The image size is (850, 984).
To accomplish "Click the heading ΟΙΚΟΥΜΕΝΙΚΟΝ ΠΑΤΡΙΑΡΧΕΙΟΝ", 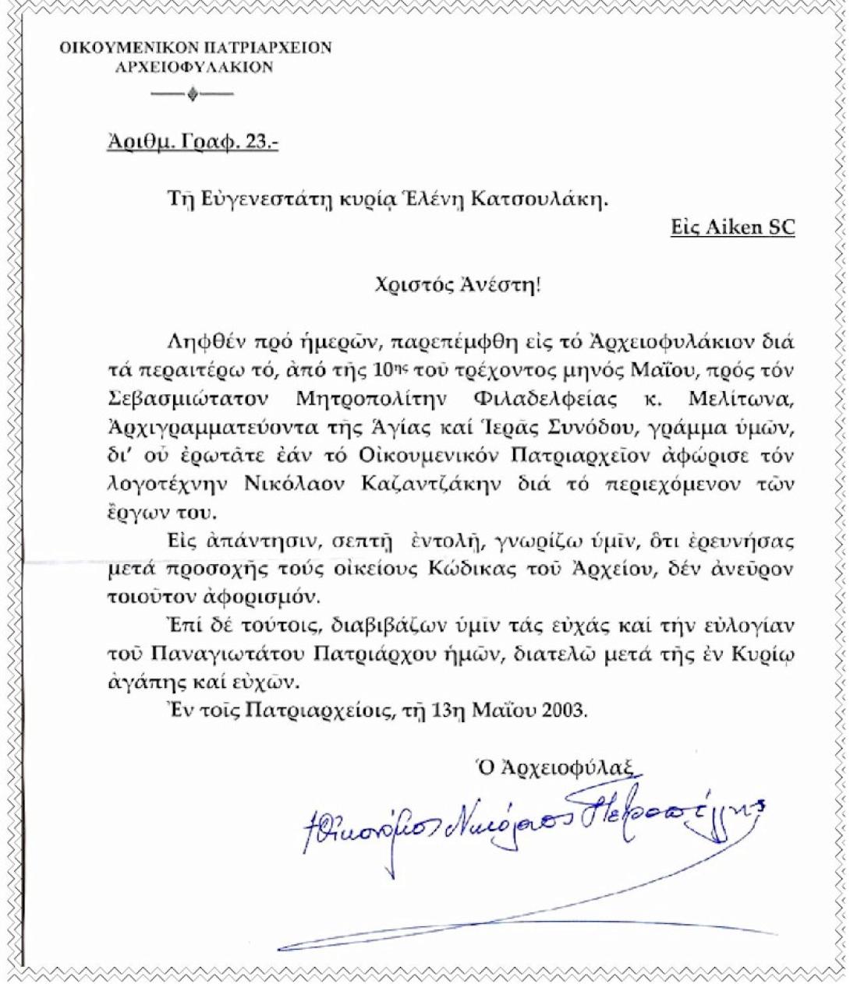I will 195,48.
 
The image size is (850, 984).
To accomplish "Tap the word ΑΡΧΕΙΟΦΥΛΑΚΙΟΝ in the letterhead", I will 194,67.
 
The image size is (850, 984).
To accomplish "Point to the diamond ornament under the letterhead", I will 193,97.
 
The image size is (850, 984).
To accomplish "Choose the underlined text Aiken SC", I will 732,227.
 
